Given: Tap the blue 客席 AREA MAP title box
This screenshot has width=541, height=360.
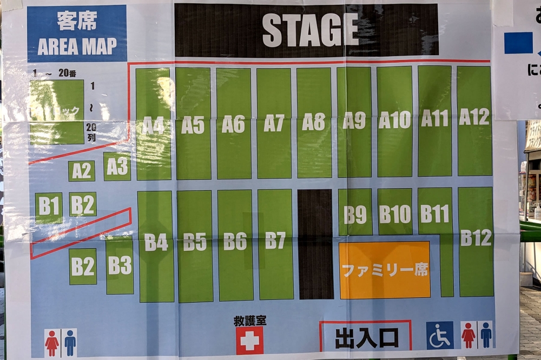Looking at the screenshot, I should [77, 34].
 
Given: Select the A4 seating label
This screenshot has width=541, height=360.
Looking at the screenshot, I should [153, 125].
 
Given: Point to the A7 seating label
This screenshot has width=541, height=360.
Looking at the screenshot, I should [274, 123].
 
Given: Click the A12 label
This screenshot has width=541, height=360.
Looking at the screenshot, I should [474, 117].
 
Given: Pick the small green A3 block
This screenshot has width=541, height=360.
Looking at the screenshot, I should [117, 166].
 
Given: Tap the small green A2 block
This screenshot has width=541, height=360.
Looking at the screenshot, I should [82, 171].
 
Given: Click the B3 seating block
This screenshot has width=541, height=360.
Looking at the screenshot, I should [120, 265].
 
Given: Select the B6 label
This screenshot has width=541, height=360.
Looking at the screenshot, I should [235, 241].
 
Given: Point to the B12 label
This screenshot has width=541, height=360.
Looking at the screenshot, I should [476, 238].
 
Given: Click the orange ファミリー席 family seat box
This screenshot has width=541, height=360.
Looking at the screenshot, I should [384, 270].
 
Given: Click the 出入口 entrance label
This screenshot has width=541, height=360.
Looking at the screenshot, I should [366, 338].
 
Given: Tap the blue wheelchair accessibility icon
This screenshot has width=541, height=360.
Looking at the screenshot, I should [439, 336].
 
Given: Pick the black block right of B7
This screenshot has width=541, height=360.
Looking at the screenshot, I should [315, 244].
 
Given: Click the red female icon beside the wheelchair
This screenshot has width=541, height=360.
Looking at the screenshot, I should [467, 335].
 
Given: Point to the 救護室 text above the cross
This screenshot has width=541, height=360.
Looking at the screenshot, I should [249, 321].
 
